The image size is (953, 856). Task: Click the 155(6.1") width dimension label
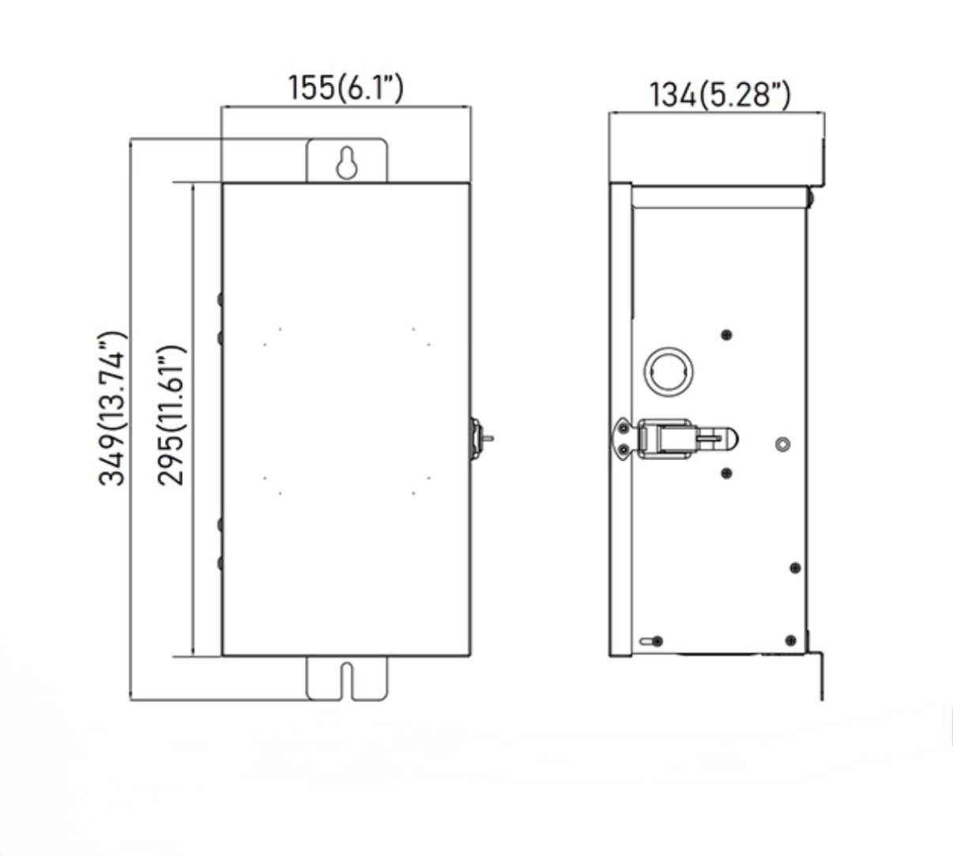346,88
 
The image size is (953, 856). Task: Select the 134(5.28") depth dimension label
720,95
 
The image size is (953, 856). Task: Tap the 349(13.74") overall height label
112,409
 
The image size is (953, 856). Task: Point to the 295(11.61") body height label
171,415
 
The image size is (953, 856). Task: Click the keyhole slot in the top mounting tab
347,163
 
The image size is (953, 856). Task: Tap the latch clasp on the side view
676,439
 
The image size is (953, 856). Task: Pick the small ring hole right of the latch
782,443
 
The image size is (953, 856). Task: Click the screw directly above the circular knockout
727,335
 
